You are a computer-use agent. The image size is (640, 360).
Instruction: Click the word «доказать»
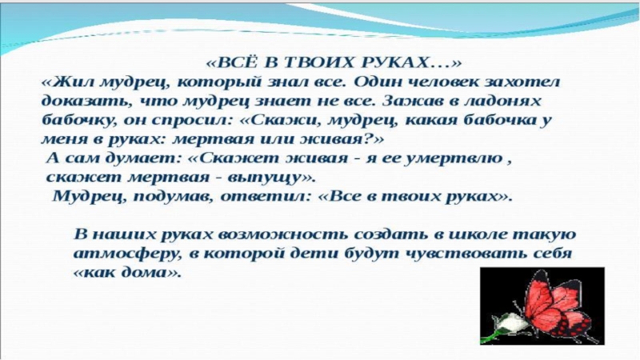(77, 102)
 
